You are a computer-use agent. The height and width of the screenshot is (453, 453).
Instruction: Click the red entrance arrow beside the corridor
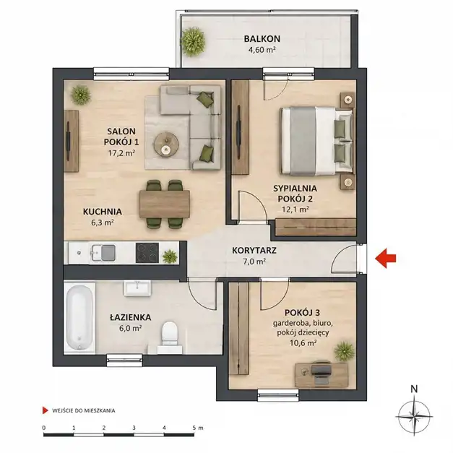point(385,258)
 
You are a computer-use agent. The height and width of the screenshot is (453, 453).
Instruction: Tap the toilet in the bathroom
point(170,337)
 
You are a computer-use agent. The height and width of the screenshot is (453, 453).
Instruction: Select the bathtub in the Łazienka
point(79,317)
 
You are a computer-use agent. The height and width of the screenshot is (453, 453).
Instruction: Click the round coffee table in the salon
point(166,144)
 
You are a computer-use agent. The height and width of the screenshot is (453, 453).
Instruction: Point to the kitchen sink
point(103,252)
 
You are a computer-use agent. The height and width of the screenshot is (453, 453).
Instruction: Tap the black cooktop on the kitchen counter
point(147,253)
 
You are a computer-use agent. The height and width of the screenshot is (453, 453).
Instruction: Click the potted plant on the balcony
point(194,41)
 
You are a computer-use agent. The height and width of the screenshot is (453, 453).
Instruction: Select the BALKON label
point(262,38)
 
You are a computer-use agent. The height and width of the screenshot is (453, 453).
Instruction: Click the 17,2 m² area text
point(121,153)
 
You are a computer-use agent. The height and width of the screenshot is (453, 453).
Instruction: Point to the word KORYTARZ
point(254,250)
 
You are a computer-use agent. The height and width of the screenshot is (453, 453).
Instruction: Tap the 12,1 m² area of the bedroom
point(295,209)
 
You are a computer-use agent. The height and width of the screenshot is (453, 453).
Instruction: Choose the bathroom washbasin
point(137,288)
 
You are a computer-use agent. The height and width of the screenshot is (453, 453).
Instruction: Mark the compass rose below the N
point(414,416)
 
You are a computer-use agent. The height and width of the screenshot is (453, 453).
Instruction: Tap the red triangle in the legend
point(45,410)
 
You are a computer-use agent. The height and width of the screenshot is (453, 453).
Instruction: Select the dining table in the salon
point(165,204)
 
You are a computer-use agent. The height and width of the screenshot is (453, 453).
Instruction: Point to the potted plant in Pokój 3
point(345,351)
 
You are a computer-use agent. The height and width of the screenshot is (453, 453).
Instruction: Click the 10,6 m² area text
point(303,343)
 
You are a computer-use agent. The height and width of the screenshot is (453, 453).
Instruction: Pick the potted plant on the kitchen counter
point(170,256)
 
